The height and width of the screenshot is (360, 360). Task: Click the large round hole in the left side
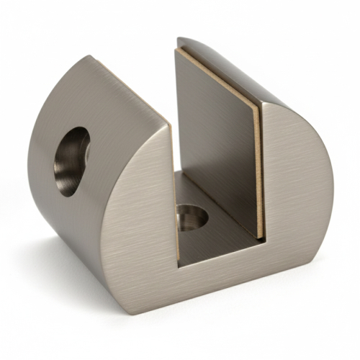[71, 161]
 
